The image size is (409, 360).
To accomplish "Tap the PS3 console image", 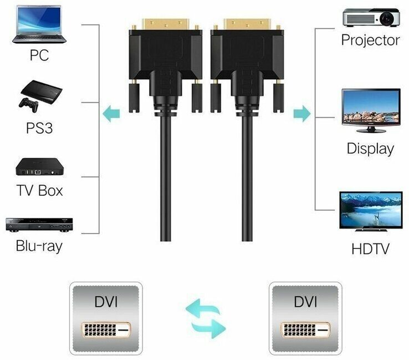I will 38,95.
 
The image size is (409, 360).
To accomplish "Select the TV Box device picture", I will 38,166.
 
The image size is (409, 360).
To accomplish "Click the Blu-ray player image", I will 38,224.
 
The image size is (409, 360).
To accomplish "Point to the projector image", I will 371,17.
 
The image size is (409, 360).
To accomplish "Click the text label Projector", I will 370,40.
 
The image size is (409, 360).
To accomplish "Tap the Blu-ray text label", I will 39,245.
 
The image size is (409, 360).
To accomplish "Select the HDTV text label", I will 370,249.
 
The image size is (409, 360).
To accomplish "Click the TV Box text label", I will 39,190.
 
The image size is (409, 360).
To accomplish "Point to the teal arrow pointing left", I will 111,114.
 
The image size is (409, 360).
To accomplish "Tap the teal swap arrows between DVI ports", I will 206,317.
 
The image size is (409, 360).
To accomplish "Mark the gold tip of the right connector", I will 246,24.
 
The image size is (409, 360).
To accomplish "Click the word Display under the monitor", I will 370,148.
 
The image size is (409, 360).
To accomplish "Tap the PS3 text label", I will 39,128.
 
